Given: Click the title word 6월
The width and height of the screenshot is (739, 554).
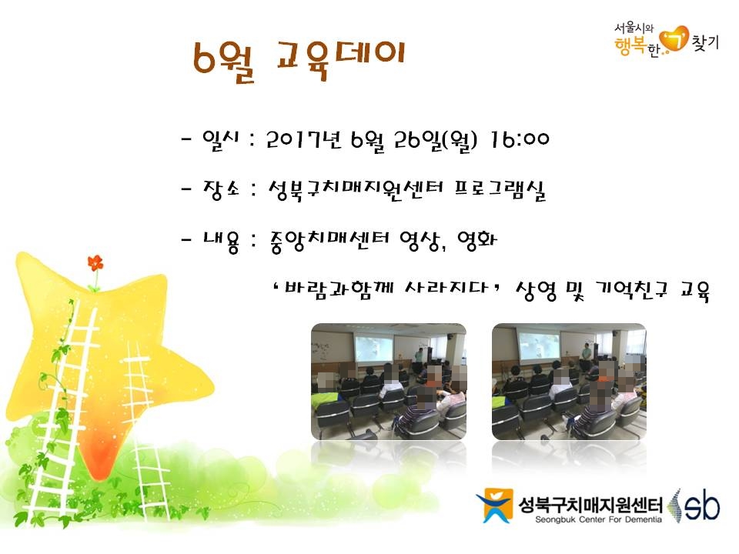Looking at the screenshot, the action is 224,62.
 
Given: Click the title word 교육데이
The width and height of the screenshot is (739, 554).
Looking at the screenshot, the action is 341,59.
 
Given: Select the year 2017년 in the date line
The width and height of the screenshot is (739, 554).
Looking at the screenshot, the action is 304,140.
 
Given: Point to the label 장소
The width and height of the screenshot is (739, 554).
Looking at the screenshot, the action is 221,190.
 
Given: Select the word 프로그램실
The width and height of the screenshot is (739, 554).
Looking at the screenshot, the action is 500,190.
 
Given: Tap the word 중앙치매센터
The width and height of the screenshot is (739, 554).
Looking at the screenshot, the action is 330,242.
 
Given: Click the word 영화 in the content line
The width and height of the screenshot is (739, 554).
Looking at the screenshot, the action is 477,241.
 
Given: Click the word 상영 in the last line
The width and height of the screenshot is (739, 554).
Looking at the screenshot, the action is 537,291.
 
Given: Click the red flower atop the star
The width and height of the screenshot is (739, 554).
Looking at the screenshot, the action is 95,263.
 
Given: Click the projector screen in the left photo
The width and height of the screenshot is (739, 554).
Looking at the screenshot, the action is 374,349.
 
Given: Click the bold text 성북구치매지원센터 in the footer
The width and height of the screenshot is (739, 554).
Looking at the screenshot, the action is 590,505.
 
